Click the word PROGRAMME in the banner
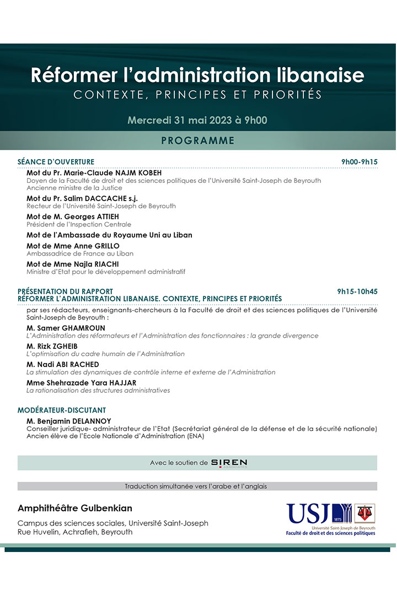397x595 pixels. coord(197,140)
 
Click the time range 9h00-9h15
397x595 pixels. coord(359,162)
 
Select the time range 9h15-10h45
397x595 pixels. coord(357,291)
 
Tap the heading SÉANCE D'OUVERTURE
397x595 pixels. coord(56,162)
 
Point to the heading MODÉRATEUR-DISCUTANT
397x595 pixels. coord(62,410)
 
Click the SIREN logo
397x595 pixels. coord(229,463)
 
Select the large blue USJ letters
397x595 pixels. coord(307,513)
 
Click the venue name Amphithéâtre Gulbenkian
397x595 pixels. coord(75,508)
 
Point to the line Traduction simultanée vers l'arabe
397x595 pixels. coord(197,486)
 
